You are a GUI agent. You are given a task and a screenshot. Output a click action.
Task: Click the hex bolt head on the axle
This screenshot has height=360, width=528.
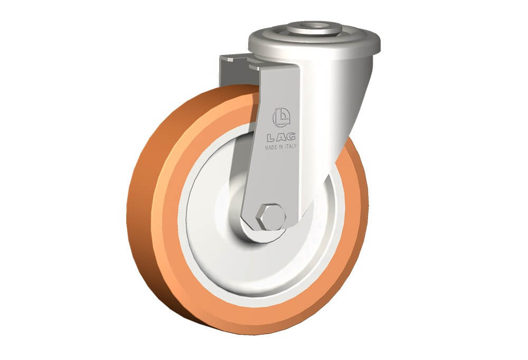click(x=271, y=217)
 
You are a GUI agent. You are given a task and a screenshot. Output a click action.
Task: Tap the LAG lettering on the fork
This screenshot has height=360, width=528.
click(x=281, y=137)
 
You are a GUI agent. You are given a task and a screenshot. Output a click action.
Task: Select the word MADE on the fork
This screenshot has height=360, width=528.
click(x=271, y=147)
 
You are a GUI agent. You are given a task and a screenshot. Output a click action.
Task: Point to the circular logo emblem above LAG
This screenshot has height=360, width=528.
click(x=281, y=117)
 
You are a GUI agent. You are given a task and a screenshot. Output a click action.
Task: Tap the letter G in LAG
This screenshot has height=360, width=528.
click(x=291, y=136)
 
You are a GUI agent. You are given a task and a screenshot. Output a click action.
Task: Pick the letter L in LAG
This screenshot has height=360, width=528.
click(x=271, y=137)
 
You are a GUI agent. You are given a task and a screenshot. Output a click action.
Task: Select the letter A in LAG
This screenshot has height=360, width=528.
click(x=281, y=137)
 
